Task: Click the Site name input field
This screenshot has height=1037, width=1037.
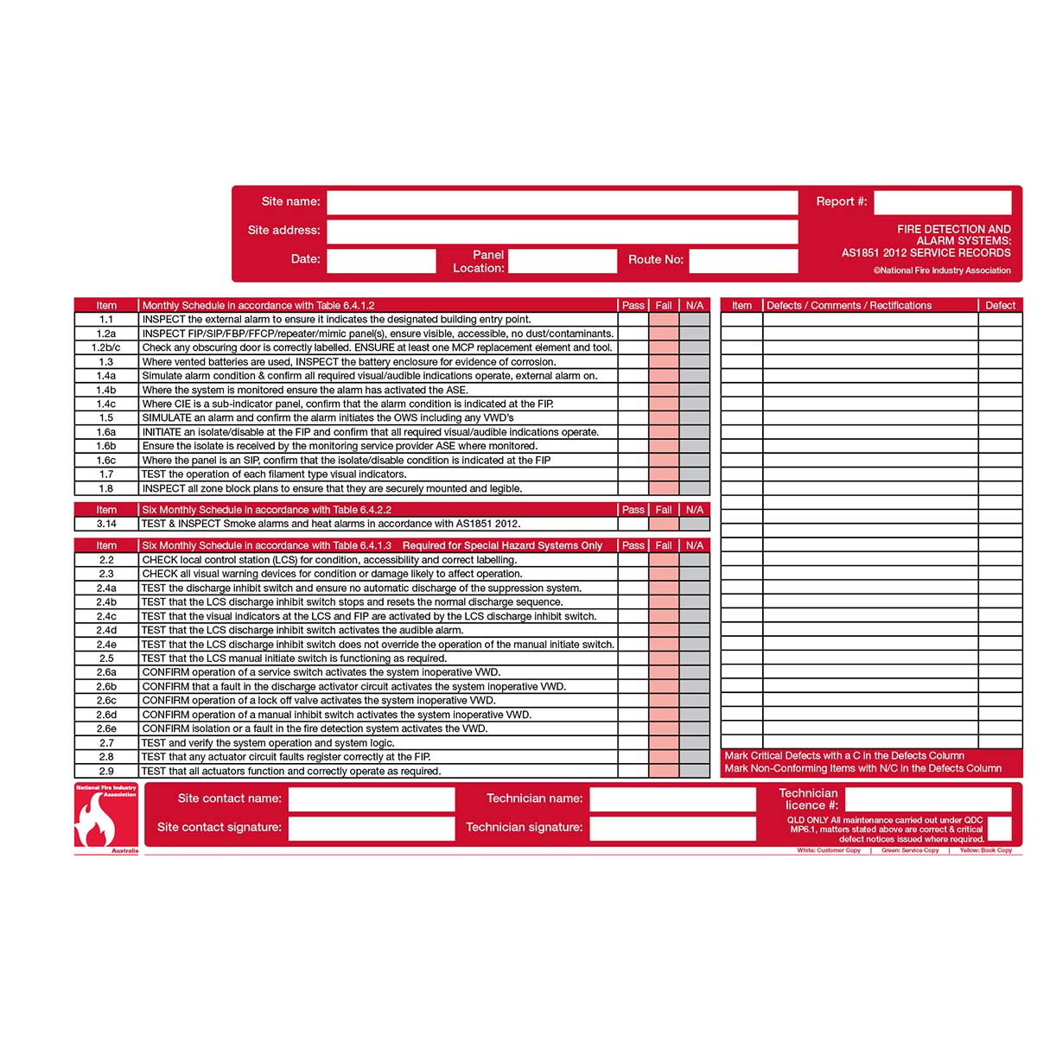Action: pos(562,202)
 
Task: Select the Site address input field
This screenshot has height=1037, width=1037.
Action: pos(562,231)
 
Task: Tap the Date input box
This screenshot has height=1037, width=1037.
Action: pos(381,260)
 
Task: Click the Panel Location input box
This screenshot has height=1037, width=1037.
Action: pos(563,261)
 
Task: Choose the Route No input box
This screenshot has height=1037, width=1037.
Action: pos(743,260)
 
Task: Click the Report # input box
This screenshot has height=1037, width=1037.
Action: pos(942,202)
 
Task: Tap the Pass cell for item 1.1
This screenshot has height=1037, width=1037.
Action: pos(633,320)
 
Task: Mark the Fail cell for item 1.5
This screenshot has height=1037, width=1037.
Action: pos(664,418)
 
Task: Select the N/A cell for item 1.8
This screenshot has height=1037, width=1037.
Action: pos(695,489)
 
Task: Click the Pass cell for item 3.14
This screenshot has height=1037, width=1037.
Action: pos(633,524)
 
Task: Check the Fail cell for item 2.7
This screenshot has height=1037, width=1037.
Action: pos(664,743)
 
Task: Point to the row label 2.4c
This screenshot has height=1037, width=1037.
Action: pos(106,616)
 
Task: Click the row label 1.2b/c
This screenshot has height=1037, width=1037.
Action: pos(106,347)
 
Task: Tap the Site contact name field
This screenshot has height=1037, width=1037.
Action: pos(372,799)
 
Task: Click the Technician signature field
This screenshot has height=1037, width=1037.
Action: pos(673,828)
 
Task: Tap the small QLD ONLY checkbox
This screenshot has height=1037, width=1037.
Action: pos(999,829)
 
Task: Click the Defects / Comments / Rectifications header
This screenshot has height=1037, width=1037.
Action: pos(849,305)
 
